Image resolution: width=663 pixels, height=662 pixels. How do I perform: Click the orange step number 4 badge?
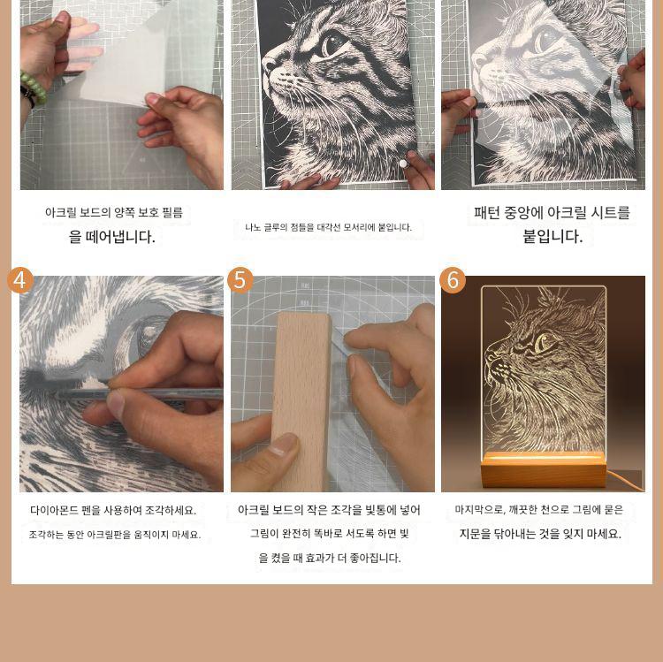[x=20, y=280]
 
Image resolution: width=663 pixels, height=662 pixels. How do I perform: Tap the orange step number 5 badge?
[x=240, y=280]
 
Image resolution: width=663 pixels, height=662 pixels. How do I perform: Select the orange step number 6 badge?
[x=453, y=280]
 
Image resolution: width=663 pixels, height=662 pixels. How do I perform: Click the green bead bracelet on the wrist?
[x=34, y=88]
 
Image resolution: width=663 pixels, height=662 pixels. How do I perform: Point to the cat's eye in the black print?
[x=331, y=44]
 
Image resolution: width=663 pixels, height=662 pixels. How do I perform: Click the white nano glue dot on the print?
[x=403, y=164]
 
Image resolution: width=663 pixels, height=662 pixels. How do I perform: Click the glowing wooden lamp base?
[x=543, y=468]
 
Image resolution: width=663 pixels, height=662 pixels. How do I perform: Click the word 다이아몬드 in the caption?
[x=54, y=510]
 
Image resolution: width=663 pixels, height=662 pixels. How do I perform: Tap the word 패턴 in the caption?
[x=487, y=212]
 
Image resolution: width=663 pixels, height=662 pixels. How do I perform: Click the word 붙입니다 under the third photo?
[x=552, y=236]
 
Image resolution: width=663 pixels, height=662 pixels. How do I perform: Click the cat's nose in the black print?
[x=268, y=65]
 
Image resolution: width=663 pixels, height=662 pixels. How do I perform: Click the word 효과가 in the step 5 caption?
[x=321, y=558]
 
